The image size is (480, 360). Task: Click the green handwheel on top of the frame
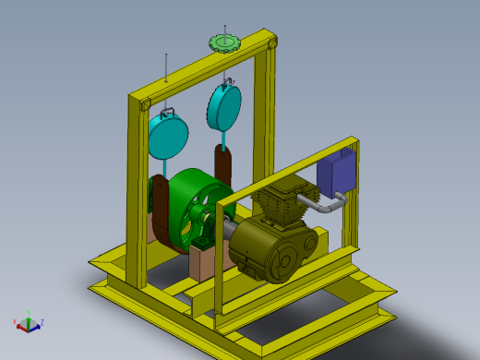click(x=223, y=42)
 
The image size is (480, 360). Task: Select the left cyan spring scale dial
click(x=169, y=137)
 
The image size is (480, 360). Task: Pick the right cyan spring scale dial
click(x=224, y=107)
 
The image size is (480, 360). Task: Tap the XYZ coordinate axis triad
click(x=28, y=323)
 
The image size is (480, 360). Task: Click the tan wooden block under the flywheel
click(x=205, y=263)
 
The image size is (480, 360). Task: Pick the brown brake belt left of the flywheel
click(x=161, y=212)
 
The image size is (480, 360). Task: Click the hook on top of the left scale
click(x=169, y=112)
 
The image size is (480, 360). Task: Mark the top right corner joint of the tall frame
click(x=270, y=42)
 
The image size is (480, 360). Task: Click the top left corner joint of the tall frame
click(x=143, y=102)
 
